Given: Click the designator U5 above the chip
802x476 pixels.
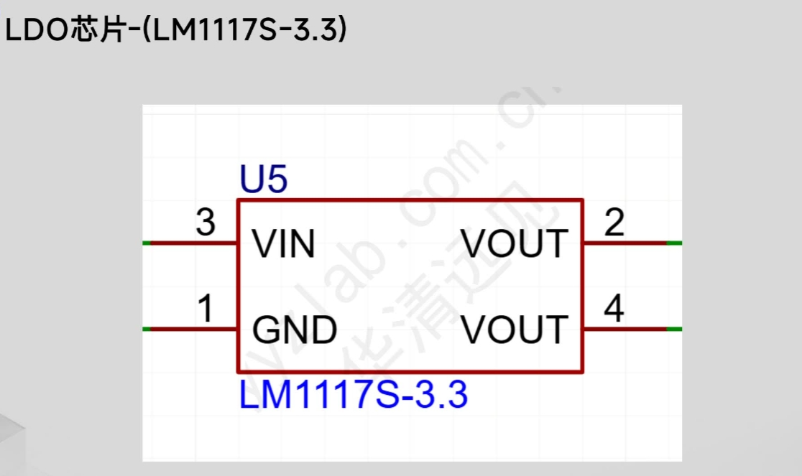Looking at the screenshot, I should (264, 181).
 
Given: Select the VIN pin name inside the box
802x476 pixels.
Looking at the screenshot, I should (284, 245).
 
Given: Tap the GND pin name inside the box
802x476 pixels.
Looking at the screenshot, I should (295, 330).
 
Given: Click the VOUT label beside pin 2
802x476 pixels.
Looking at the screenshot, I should (515, 245).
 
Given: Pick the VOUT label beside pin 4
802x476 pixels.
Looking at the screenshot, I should (515, 330).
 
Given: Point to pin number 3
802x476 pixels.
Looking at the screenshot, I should (206, 223).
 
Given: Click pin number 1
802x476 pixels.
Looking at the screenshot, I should (206, 309).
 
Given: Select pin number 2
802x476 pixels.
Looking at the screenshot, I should (614, 223).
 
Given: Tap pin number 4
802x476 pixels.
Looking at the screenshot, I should (614, 309).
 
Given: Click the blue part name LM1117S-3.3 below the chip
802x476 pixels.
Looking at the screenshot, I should (353, 396).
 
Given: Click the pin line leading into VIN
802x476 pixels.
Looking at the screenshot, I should (194, 243).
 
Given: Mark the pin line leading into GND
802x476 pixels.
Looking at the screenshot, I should (194, 329).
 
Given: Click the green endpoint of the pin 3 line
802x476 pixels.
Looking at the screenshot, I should (147, 243).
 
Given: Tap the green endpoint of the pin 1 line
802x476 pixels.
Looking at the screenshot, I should (147, 329).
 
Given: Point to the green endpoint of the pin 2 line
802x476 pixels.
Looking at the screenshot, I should (674, 243).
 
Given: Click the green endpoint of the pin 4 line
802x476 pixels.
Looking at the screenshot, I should (674, 329).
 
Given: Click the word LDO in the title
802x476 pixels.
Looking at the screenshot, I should (36, 31).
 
